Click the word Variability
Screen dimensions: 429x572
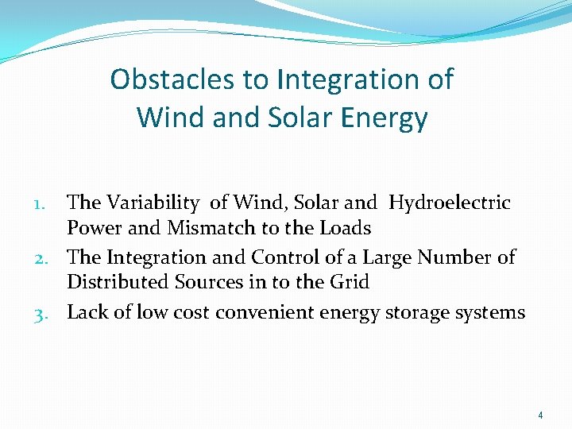[x=155, y=203]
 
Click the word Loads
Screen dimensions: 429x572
[x=344, y=229]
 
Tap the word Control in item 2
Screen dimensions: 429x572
[x=283, y=257]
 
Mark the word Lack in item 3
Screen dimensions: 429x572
[x=85, y=312]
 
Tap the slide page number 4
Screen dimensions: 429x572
[x=540, y=415]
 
